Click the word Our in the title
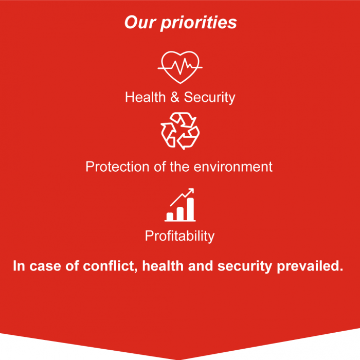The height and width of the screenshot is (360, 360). click(x=140, y=22)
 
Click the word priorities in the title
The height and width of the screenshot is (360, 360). click(x=199, y=23)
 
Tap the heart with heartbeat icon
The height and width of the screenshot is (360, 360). click(x=180, y=67)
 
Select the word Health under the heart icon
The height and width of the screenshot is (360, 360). click(x=146, y=97)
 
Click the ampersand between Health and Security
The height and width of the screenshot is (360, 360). click(x=175, y=97)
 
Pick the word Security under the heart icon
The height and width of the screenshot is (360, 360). click(x=210, y=98)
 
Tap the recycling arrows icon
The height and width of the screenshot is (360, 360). click(x=180, y=131)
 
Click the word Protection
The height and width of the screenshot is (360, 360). click(x=117, y=167)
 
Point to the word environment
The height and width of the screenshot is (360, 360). click(x=233, y=167)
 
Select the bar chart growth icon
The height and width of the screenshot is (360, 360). click(x=180, y=205)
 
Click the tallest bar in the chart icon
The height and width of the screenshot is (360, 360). click(x=191, y=209)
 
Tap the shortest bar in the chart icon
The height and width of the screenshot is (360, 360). click(x=170, y=217)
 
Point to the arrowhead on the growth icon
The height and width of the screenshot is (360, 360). click(x=191, y=191)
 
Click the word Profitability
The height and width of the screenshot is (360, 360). click(x=180, y=236)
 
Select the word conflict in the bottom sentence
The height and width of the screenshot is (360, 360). click(x=110, y=266)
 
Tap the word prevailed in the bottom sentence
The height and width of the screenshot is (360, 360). click(x=310, y=266)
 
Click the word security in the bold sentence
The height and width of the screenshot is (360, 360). click(x=245, y=266)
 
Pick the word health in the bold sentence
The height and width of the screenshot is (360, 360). click(x=163, y=266)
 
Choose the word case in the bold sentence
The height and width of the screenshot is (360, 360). click(x=45, y=266)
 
